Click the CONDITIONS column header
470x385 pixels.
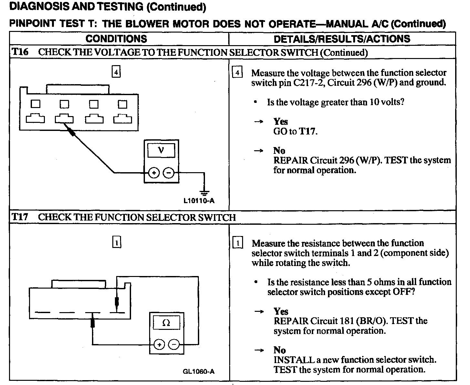pyautogui.click(x=116, y=39)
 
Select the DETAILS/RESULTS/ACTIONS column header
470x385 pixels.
pyautogui.click(x=342, y=39)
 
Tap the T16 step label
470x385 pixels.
pyautogui.click(x=20, y=52)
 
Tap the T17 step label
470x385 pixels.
pyautogui.click(x=20, y=217)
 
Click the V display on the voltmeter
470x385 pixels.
pyautogui.click(x=161, y=150)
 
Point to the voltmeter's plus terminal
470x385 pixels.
pyautogui.click(x=154, y=173)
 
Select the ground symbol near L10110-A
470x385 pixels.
pyautogui.click(x=204, y=193)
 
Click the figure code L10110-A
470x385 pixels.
pyautogui.click(x=199, y=201)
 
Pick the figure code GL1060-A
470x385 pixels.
pyautogui.click(x=199, y=371)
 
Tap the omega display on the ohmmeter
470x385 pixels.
pyautogui.click(x=166, y=323)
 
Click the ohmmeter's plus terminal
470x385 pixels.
pyautogui.click(x=159, y=345)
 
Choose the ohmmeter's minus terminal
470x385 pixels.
pyautogui.click(x=174, y=345)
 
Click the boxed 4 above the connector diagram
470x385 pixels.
pyautogui.click(x=116, y=72)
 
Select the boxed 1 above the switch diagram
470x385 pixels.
pyautogui.click(x=117, y=242)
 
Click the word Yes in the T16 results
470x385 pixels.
pyautogui.click(x=281, y=122)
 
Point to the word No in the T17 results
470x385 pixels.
pyautogui.click(x=280, y=350)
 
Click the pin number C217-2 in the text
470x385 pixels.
pyautogui.click(x=310, y=83)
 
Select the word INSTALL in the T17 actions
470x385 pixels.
pyautogui.click(x=290, y=360)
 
